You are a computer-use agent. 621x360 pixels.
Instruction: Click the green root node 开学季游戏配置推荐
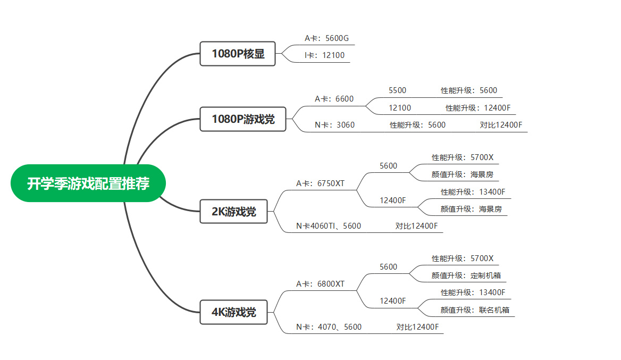point(88,183)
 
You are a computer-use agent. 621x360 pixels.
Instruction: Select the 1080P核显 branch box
point(238,54)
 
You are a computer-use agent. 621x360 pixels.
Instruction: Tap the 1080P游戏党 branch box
point(243,119)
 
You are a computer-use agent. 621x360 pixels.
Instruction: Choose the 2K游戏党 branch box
point(234,212)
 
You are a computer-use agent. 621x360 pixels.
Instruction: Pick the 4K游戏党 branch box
point(234,312)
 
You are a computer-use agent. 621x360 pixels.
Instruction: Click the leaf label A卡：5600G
point(326,38)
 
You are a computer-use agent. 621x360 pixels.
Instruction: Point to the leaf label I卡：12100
point(324,55)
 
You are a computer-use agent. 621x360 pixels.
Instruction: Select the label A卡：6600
point(334,99)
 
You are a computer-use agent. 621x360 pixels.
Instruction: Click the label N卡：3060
point(334,125)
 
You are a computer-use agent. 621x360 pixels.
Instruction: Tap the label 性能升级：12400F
point(478,108)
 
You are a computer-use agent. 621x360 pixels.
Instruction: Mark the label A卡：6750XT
point(320,183)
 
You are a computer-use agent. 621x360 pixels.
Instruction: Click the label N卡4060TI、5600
point(328,226)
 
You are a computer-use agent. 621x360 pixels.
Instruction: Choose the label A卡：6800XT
point(320,284)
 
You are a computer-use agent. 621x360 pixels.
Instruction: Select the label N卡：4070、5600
point(329,327)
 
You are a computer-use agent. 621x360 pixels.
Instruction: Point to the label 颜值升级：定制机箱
point(466,276)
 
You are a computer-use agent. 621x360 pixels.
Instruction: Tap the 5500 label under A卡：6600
point(397,90)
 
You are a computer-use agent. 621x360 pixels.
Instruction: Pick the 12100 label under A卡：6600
point(400,108)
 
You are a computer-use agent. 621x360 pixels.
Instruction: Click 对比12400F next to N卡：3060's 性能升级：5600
point(501,125)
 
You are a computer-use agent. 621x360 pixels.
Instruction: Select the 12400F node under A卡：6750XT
point(392,200)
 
